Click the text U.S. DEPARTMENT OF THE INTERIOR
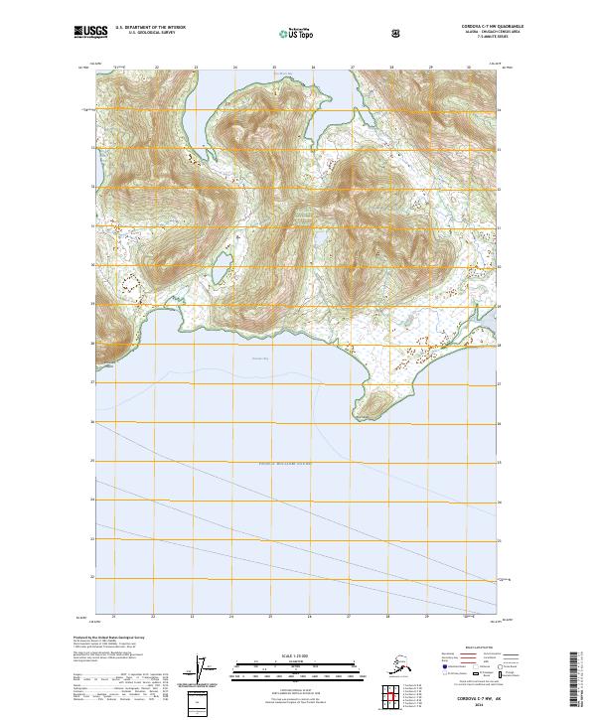coord(150,28)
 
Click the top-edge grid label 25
coord(274,68)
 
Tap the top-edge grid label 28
coord(390,68)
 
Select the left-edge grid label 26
coord(93,421)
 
